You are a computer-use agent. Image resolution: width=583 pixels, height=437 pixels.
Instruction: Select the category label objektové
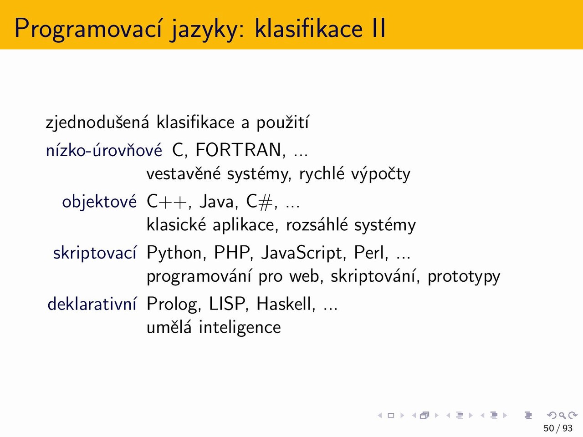coord(99,202)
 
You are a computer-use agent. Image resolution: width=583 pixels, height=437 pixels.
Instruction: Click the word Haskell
coord(286,304)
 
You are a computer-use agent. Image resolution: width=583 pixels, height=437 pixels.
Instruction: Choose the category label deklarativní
coord(92,304)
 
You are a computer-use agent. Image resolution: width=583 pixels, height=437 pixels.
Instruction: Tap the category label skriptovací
coord(95,253)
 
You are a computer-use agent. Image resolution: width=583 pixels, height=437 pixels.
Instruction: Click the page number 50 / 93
coord(558,428)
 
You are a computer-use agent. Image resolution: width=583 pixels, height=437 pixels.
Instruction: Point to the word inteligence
coord(240,328)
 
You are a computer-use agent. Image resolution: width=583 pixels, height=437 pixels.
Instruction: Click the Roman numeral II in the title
coord(378,28)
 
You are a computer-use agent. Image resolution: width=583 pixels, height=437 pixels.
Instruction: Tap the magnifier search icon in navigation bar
coord(562,416)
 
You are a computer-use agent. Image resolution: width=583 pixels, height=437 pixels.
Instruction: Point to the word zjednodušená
coord(97,123)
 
